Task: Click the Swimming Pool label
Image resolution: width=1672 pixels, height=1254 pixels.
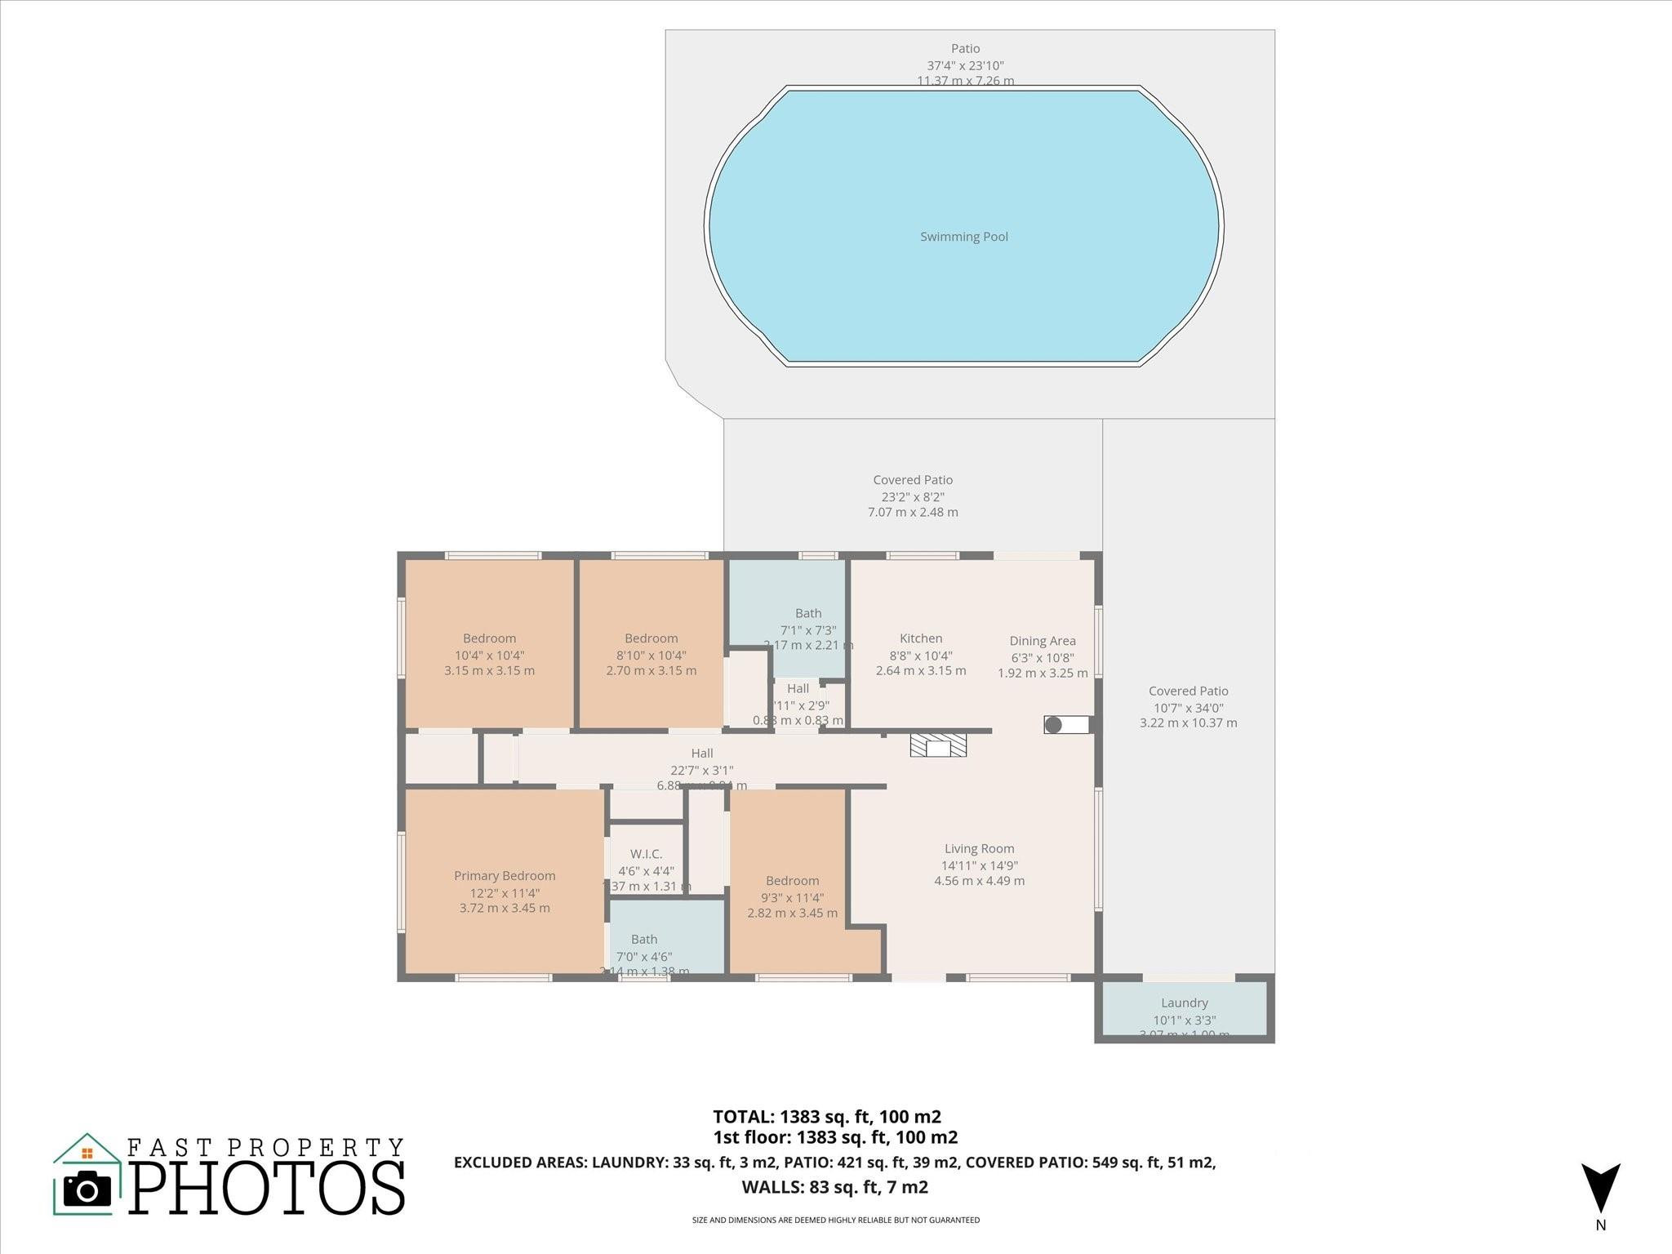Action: pos(963,237)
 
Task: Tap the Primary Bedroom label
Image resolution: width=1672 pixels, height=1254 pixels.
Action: pos(505,876)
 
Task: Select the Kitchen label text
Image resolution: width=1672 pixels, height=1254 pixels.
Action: pos(921,638)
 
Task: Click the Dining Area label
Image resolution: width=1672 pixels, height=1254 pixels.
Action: pos(1043,641)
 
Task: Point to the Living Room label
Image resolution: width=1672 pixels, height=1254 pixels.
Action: pos(979,849)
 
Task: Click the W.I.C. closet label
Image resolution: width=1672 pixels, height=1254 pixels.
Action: pos(646,854)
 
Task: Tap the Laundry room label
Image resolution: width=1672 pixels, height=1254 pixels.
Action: pos(1184,1003)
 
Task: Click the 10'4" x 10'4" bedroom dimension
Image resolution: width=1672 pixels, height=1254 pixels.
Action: pos(489,655)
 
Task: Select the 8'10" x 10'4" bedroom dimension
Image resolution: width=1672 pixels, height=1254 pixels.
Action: pos(651,655)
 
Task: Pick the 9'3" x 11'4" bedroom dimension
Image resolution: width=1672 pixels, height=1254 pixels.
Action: pos(792,897)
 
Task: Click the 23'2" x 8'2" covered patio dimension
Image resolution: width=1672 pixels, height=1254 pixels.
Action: pos(913,496)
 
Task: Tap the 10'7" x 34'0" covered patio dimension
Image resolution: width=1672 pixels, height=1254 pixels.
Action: pos(1188,708)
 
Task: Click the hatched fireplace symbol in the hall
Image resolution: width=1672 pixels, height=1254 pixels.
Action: pos(938,745)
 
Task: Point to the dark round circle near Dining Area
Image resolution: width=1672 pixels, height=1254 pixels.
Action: pos(1053,724)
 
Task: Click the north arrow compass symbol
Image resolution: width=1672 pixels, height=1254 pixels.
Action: pos(1600,1188)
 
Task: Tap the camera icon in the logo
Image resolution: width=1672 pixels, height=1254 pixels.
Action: pos(87,1189)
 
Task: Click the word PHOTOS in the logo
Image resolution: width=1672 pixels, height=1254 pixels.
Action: pos(267,1188)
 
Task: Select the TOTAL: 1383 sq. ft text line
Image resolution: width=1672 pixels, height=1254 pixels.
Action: pos(826,1117)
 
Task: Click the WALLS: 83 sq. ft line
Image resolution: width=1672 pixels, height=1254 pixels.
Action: pos(834,1187)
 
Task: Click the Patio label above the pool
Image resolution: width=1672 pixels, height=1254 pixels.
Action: pos(964,49)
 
